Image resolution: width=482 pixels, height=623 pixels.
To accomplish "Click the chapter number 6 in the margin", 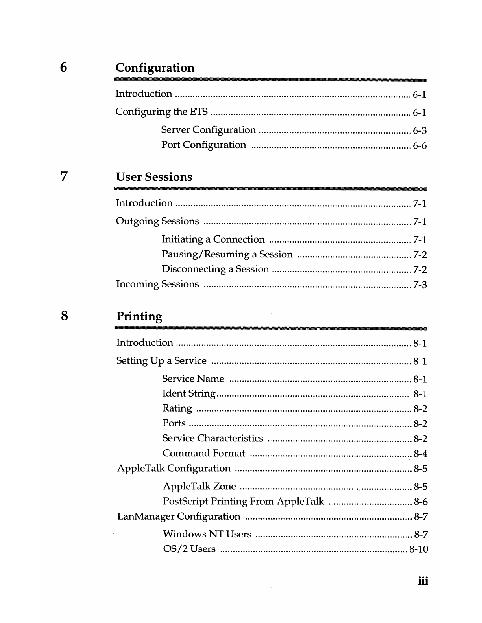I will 63,67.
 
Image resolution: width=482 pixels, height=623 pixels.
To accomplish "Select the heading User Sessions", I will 154,177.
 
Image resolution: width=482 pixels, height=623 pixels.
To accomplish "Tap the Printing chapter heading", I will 139,316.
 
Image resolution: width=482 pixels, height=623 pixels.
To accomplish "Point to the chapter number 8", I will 64,315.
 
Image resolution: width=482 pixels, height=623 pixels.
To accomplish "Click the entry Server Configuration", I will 208,130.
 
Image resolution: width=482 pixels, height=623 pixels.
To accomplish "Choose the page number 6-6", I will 419,146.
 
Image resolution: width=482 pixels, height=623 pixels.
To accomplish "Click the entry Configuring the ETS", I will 161,112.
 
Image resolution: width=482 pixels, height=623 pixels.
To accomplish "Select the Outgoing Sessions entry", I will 157,221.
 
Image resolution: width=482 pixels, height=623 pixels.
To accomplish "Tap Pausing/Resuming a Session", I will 227,255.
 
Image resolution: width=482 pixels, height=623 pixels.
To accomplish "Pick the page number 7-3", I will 419,285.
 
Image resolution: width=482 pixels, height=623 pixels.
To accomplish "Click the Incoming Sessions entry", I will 157,284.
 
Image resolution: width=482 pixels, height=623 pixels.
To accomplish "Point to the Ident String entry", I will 189,393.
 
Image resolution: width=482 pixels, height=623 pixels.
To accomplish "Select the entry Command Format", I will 204,454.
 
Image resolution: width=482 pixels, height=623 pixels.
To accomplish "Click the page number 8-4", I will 420,454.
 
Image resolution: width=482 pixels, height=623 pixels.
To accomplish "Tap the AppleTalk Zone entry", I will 199,487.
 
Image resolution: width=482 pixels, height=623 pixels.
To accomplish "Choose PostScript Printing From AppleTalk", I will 244,502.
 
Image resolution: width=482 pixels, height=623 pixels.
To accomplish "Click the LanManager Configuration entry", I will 179,516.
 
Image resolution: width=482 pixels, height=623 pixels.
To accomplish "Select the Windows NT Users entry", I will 207,534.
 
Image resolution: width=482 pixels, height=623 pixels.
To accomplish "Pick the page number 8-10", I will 418,549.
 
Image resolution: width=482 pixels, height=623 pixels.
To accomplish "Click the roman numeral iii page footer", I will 423,581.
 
